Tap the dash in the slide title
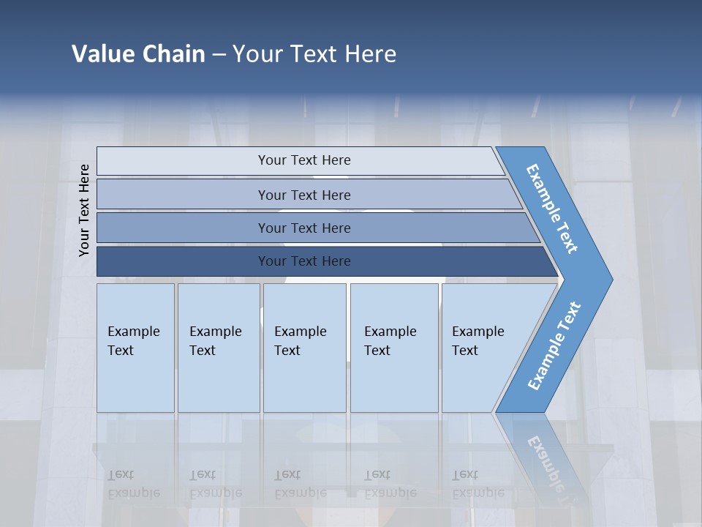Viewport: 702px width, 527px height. pos(219,55)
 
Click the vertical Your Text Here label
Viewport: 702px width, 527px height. pos(84,210)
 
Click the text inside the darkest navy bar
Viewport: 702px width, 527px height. pos(304,261)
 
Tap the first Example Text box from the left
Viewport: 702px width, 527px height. pos(135,348)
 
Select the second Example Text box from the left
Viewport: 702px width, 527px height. pos(219,348)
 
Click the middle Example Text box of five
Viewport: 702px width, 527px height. pos(304,348)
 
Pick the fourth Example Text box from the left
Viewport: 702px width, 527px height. pos(394,348)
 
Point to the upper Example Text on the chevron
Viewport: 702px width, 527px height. pos(552,209)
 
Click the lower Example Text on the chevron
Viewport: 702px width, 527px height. pos(554,346)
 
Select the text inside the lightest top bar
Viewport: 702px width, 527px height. pos(304,160)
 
